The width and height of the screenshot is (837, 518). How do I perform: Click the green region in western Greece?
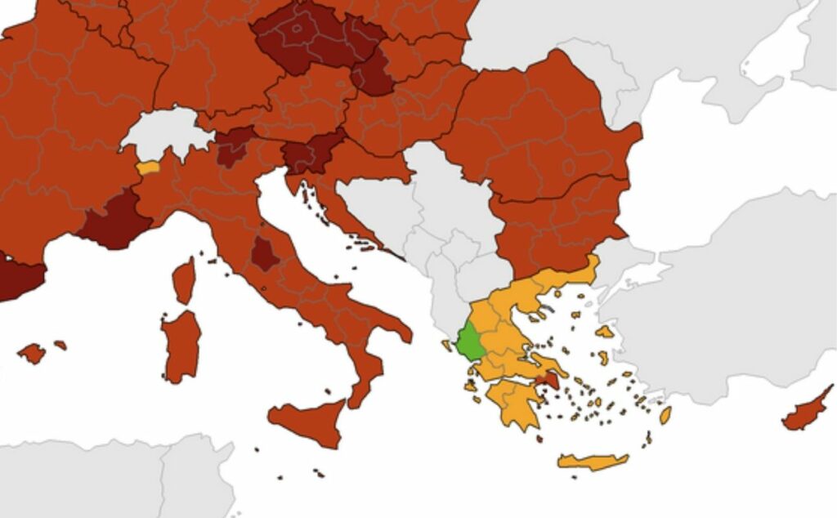point(470,342)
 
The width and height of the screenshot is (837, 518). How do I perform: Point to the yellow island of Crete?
point(593,462)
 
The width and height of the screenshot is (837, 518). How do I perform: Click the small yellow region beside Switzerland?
point(148,168)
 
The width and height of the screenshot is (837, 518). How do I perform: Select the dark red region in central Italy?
point(264,254)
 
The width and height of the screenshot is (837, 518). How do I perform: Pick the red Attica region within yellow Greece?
point(547,379)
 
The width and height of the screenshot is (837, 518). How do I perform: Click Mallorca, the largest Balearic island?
point(32,353)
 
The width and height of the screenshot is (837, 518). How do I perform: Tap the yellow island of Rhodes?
point(665,415)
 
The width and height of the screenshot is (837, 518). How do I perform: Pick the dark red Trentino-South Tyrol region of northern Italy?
point(234,145)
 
